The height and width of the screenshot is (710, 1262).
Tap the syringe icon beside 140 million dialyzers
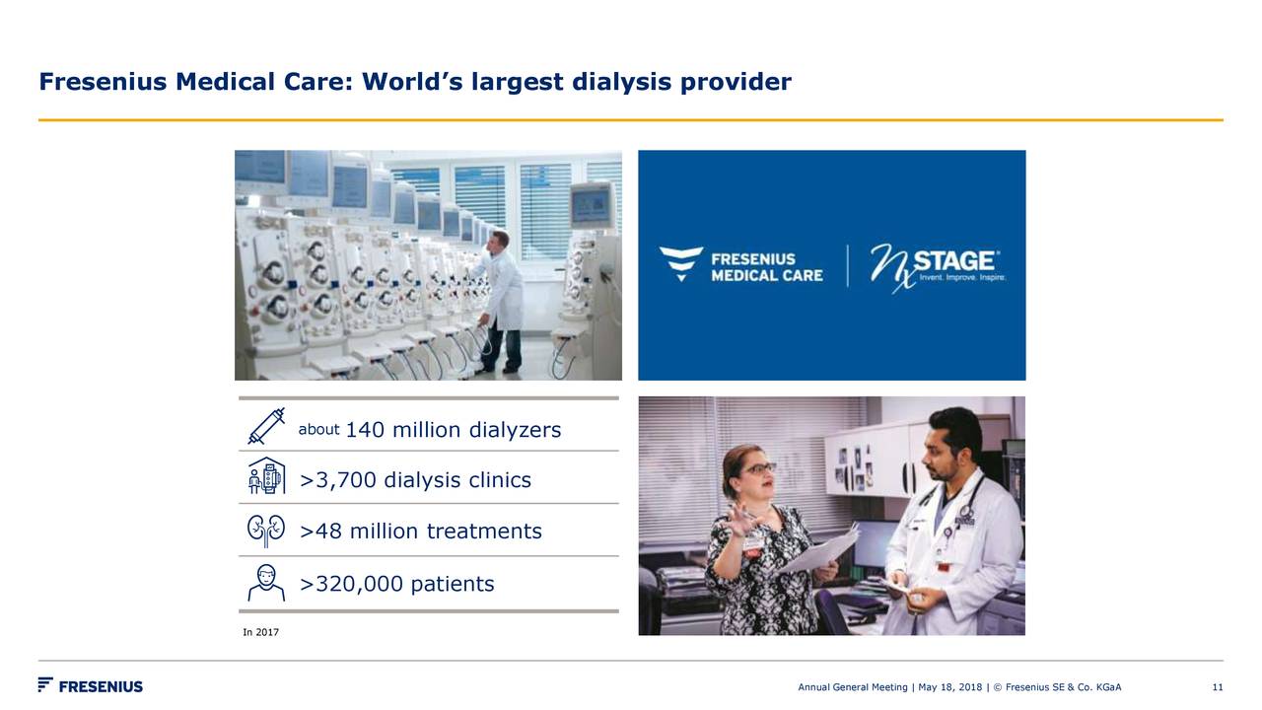click(266, 426)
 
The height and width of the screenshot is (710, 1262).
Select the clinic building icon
click(266, 476)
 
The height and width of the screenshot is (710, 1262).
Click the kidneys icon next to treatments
click(266, 530)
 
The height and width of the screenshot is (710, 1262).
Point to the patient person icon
click(266, 583)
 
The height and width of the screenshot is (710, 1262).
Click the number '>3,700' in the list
click(338, 480)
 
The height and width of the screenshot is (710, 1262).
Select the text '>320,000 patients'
click(396, 584)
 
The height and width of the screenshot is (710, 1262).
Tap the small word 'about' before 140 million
click(318, 430)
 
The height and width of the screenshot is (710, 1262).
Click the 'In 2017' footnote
click(260, 632)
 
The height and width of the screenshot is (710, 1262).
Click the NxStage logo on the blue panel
click(937, 265)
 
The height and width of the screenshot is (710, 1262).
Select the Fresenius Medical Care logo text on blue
click(766, 266)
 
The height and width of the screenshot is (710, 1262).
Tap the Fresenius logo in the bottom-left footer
click(91, 686)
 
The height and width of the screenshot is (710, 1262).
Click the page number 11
click(1218, 687)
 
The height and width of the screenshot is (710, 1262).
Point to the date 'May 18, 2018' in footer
click(950, 687)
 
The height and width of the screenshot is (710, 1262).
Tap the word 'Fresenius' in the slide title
click(104, 82)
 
